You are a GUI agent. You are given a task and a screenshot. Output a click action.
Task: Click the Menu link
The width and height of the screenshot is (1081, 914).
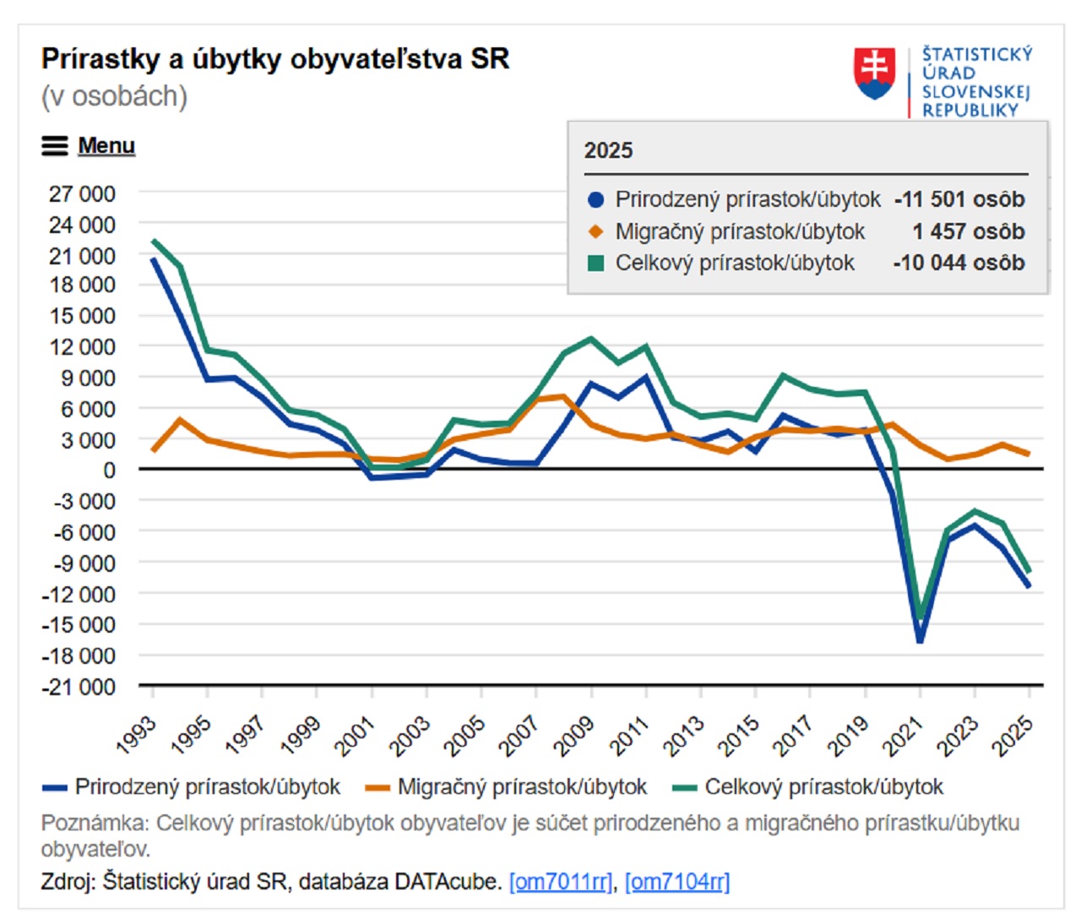pos(106,146)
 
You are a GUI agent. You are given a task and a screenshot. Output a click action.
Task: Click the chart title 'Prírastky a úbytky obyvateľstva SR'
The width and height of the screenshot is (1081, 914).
pos(275,59)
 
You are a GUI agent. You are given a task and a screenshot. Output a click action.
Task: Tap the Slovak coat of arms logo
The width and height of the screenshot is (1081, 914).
pos(874,73)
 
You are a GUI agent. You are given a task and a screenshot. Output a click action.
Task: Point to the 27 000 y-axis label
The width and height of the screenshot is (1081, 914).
pos(82,193)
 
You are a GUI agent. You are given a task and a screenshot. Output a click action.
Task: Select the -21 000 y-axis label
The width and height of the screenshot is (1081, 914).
pos(79,687)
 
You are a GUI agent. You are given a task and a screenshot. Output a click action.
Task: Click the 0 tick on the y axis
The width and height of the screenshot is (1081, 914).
pos(109,471)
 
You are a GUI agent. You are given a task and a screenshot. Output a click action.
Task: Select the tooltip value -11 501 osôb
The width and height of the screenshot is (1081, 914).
pos(959,199)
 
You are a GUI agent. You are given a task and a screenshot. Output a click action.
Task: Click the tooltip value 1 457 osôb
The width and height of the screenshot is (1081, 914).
pos(968,231)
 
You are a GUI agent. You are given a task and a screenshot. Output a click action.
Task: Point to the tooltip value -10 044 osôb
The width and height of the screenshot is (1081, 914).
pos(959,263)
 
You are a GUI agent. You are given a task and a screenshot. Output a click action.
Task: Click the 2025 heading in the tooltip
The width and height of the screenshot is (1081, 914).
pos(608,150)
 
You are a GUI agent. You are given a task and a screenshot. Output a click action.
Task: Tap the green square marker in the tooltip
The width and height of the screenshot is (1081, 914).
pos(596,263)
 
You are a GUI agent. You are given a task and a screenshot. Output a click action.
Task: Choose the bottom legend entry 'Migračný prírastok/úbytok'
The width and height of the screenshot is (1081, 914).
pos(521,787)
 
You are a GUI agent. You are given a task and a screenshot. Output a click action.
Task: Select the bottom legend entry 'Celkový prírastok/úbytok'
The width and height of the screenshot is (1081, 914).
pos(823,787)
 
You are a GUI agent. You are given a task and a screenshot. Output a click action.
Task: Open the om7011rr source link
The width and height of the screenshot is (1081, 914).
pos(561,882)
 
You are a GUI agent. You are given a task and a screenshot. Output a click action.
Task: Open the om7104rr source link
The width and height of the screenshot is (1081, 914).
pos(677,882)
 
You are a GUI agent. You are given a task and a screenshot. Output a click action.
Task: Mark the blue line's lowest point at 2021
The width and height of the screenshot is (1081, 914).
pos(920,640)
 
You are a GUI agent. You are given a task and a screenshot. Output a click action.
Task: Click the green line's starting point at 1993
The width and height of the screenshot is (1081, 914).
pos(153,241)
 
